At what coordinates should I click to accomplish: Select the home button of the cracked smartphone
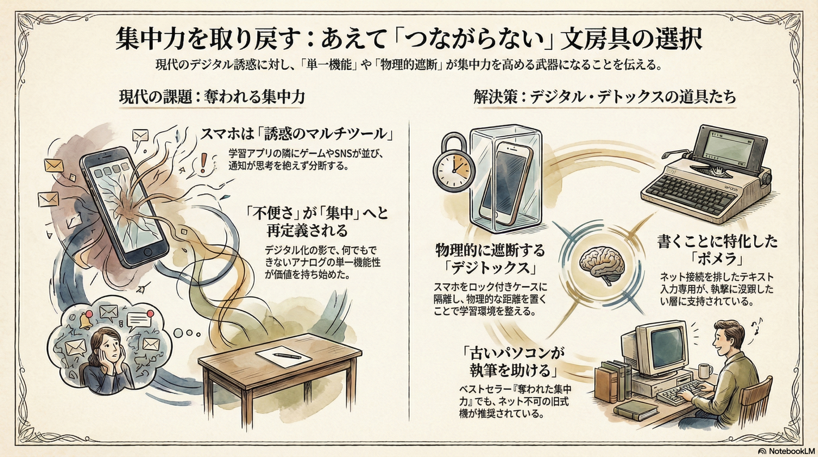148,251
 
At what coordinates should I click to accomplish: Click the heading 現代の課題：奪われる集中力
212,97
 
